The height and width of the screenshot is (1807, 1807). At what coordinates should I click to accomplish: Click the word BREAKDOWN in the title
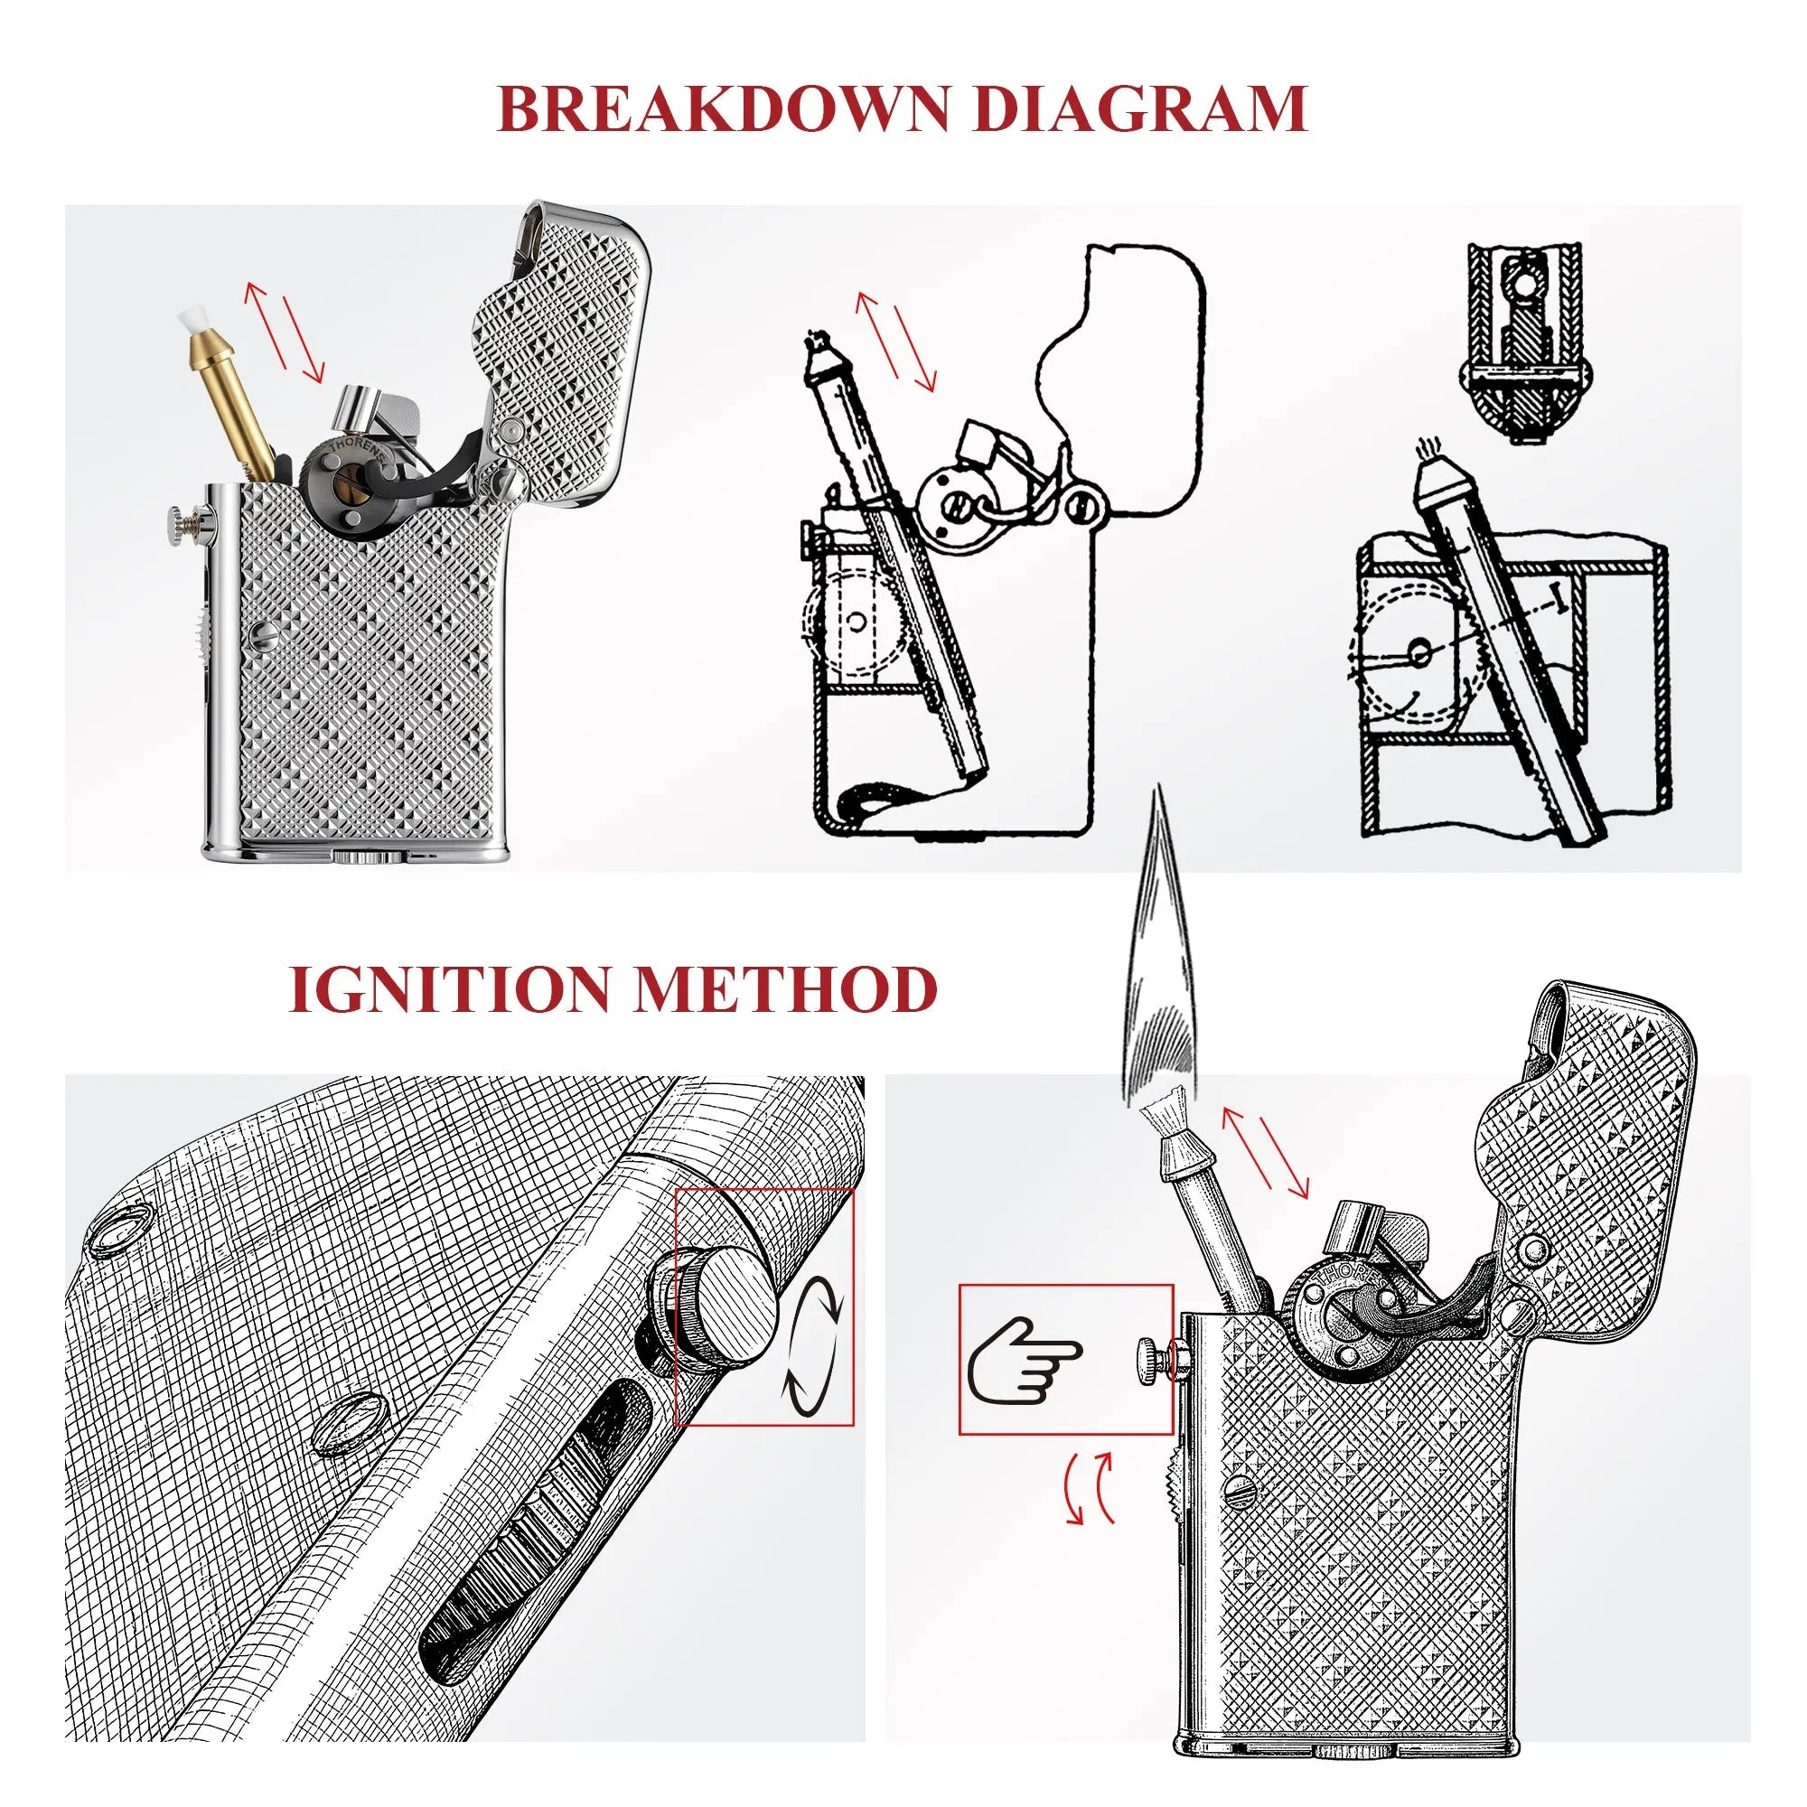723,109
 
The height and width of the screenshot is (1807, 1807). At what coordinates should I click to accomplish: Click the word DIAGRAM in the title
1139,109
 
